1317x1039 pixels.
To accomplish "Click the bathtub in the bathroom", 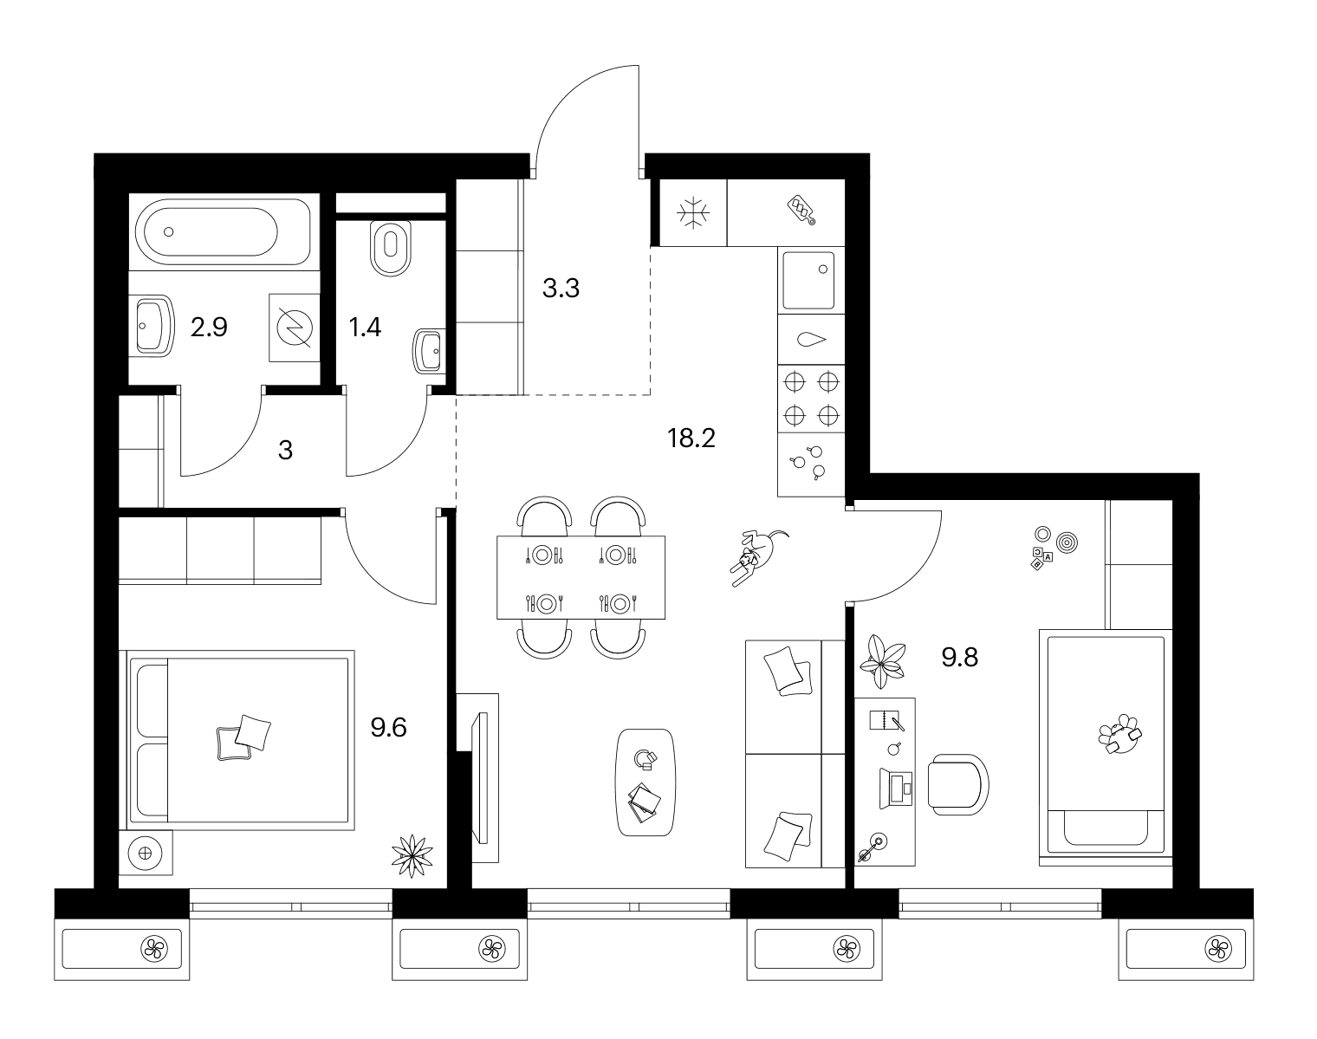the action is coord(224,231).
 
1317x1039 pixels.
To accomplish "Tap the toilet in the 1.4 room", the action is coord(391,247).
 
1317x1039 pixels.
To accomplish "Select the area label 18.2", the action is coord(691,438).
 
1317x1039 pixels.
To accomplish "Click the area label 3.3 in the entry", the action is coord(561,288).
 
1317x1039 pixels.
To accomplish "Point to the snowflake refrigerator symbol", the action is coord(693,213).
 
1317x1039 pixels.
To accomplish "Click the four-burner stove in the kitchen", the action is coord(811,399).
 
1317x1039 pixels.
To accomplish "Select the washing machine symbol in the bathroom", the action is coord(295,328).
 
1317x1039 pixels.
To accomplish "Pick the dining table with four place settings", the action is coord(581,577).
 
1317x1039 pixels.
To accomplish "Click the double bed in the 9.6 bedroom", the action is coord(241,740).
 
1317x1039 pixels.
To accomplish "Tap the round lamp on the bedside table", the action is coord(145,853).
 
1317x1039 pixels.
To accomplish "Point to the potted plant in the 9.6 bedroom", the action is coord(412,855).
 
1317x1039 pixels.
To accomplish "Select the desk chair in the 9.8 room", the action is coord(957,784).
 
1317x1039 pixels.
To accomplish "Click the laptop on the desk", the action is coord(896,789).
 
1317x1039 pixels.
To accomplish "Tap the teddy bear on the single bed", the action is coord(1120,733).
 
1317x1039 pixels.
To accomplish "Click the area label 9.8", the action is coord(960,657).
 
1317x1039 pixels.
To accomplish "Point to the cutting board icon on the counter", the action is coord(801,210).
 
